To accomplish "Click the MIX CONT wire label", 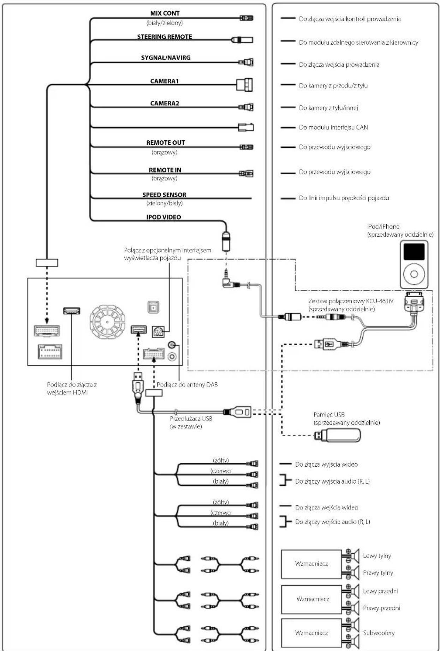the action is point(165,13).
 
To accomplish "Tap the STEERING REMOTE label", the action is point(165,37).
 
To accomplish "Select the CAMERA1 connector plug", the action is point(244,85).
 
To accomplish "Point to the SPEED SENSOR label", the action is point(164,195).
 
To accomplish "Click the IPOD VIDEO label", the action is point(163,217).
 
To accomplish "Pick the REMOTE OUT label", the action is point(166,143).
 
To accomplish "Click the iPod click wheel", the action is point(414,274).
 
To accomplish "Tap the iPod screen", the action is point(414,251).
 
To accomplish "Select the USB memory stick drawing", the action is point(337,436).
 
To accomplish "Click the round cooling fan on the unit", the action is point(107,321).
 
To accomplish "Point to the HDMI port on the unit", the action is point(71,311).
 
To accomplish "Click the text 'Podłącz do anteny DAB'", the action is point(187,385).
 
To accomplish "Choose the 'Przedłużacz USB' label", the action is point(191,419).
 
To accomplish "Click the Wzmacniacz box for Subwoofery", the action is point(311,633).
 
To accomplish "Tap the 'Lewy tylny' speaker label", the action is point(377,556).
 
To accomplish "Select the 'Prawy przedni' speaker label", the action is point(382,608).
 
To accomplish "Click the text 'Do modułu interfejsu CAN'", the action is point(333,127).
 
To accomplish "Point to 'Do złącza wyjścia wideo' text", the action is point(326,464).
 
